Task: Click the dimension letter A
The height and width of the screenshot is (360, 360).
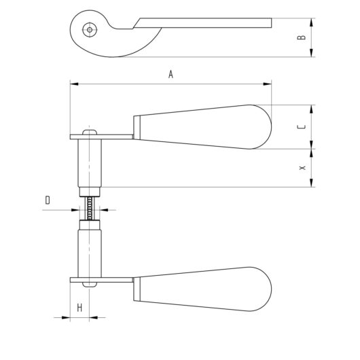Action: [171, 76]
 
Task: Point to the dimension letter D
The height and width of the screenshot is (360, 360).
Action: [48, 200]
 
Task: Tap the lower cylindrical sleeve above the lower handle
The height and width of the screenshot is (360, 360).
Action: [90, 251]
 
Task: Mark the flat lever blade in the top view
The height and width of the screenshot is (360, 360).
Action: [204, 23]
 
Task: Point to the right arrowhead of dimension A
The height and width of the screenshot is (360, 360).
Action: [268, 84]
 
